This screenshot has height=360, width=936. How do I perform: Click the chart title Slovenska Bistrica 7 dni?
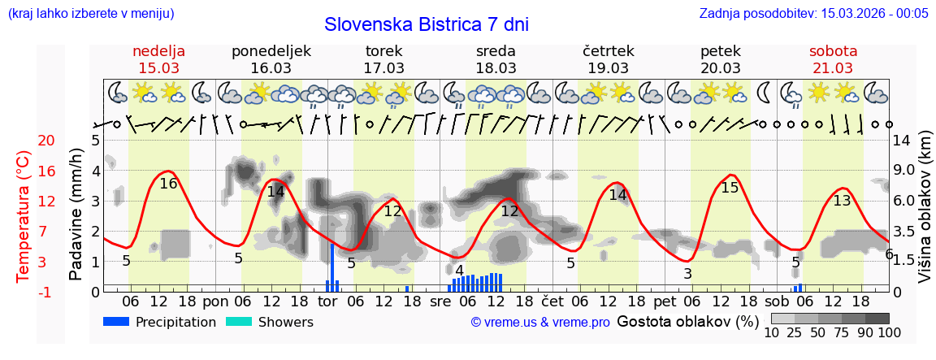point(426,24)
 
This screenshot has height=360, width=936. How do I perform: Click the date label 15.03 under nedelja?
point(159,68)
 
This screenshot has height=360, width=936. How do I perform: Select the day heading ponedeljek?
point(271,51)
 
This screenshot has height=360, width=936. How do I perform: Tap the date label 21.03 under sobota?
point(833,68)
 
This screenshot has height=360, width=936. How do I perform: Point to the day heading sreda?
point(496,51)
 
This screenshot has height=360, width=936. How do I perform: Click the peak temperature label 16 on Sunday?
point(168,184)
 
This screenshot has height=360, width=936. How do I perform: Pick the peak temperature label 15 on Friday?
point(730,188)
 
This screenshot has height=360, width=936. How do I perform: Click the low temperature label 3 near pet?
point(687,274)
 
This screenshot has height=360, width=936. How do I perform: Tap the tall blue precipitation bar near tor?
point(332,267)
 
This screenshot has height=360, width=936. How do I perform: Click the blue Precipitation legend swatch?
point(116,322)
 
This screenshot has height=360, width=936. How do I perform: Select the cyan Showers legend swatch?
point(238,322)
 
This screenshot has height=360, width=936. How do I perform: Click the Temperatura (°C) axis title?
point(24,216)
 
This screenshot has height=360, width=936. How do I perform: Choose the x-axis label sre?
point(440,301)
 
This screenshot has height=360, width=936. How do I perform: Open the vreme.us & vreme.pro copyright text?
point(540,323)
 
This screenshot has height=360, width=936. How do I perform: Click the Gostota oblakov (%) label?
point(687,321)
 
